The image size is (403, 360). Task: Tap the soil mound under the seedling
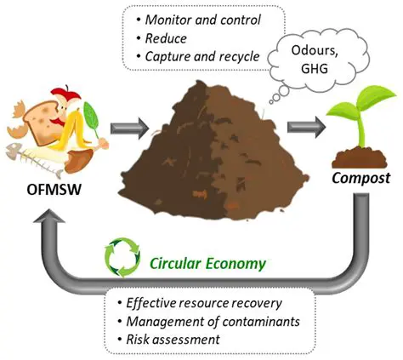point(358,157)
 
